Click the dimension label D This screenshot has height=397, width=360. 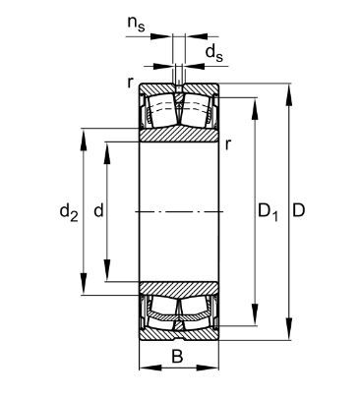coord(298,210)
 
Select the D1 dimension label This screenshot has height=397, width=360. coord(268,212)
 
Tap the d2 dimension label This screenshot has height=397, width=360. coord(69,212)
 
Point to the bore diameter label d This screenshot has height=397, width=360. coord(98,210)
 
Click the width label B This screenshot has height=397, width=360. coord(177,356)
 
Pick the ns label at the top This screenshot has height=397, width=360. coord(136,24)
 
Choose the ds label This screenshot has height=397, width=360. coord(213,53)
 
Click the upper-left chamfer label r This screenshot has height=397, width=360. coord(131,83)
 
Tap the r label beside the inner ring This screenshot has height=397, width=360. coord(228,144)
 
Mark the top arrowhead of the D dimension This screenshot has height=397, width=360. coord(289,95)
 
